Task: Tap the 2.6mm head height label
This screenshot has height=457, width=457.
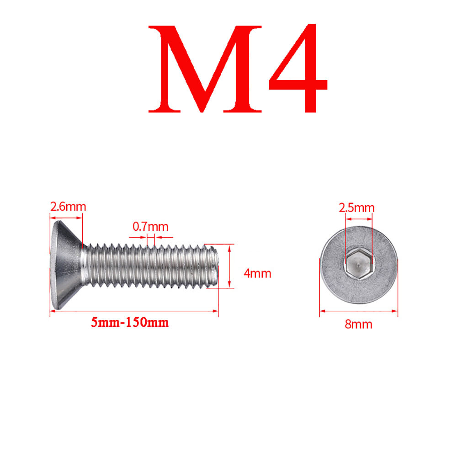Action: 68,206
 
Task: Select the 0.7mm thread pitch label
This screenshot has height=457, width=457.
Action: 150,226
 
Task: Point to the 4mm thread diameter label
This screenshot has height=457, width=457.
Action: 257,274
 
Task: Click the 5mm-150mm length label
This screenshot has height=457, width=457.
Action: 130,322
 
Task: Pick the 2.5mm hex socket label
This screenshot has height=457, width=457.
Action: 356,208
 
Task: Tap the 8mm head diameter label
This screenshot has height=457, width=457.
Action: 359,324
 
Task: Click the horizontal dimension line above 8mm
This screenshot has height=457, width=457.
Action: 359,311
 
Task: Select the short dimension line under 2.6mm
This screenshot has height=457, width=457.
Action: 66,218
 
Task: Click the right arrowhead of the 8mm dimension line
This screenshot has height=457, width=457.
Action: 395,311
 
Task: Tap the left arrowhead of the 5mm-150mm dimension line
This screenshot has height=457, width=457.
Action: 52,311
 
